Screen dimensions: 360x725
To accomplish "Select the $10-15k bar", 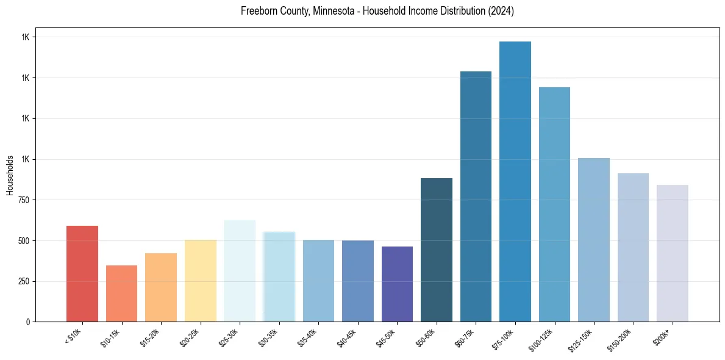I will [x=121, y=293].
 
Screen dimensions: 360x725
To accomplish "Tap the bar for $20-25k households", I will [x=200, y=281].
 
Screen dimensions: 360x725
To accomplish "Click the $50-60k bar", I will [x=436, y=250].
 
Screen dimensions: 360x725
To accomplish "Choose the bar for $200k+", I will [x=672, y=253].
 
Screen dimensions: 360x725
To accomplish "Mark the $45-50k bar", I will [x=397, y=284].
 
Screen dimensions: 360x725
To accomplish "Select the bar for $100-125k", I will [x=554, y=204].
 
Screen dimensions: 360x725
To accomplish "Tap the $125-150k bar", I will [x=593, y=240].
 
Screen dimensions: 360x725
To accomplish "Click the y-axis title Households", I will [x=10, y=175].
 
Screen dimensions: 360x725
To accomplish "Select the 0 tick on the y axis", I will [x=28, y=322].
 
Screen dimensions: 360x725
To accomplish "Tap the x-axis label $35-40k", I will [x=308, y=336].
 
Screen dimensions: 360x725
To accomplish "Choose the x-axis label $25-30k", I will [x=229, y=336].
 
